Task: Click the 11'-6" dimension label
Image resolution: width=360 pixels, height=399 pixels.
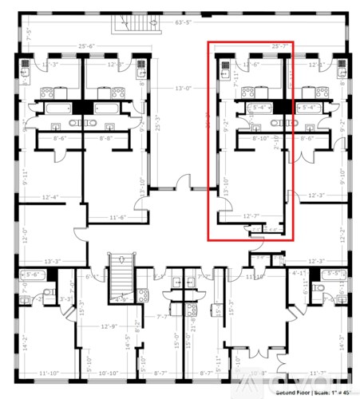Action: (x=120, y=217)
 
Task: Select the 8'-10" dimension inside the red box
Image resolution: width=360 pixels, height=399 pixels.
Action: (x=259, y=138)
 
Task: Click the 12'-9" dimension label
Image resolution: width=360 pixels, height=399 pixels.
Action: (x=109, y=326)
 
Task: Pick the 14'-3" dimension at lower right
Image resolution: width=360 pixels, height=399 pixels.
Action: (x=344, y=343)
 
